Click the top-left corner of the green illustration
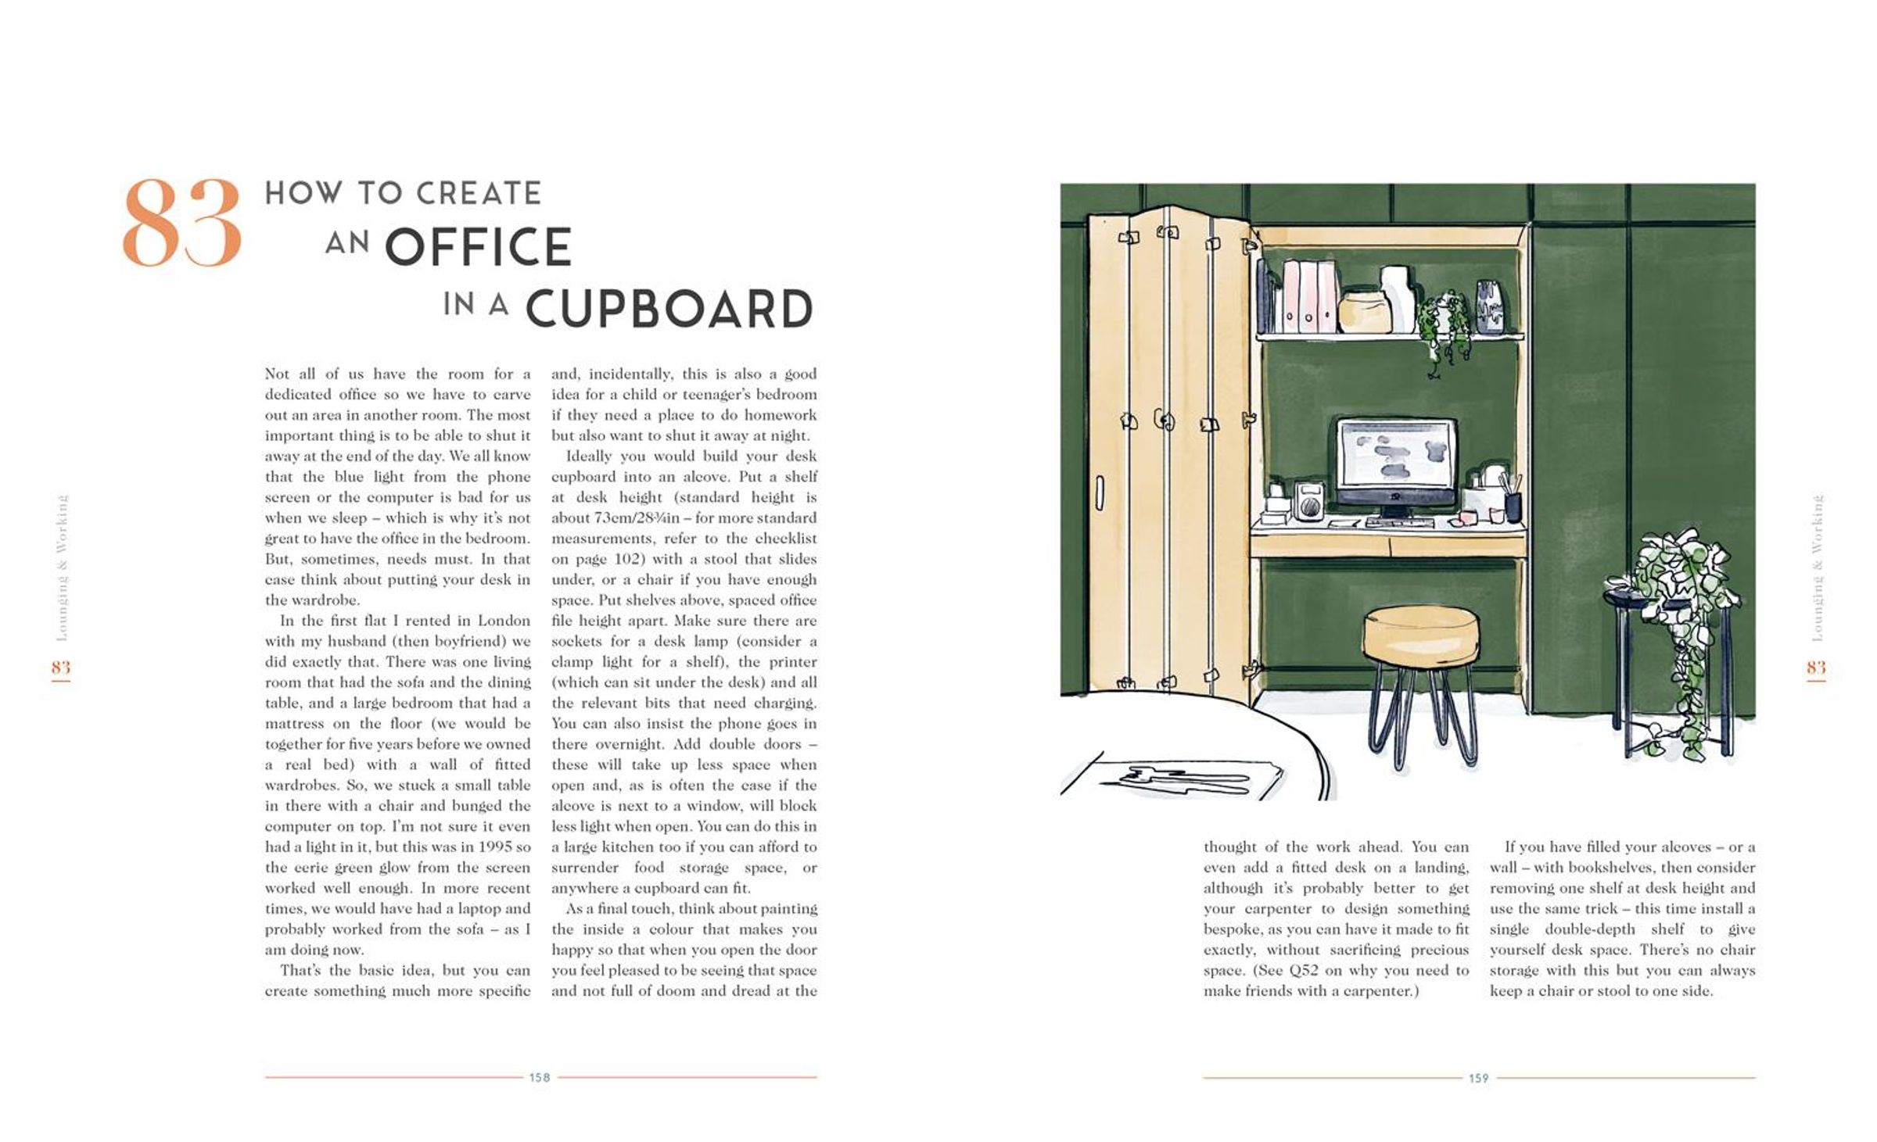point(1061,184)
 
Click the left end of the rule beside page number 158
point(265,1077)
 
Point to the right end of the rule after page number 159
point(1756,1078)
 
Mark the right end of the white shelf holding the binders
point(1523,336)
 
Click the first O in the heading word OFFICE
point(407,247)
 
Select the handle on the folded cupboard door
point(1099,492)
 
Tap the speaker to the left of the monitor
point(1308,501)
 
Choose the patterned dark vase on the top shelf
point(1489,307)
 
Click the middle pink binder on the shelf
point(1308,297)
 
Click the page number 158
point(540,1077)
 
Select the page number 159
point(1478,1078)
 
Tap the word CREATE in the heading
point(478,193)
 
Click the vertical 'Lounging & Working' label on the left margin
point(62,567)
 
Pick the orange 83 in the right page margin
point(1816,667)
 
